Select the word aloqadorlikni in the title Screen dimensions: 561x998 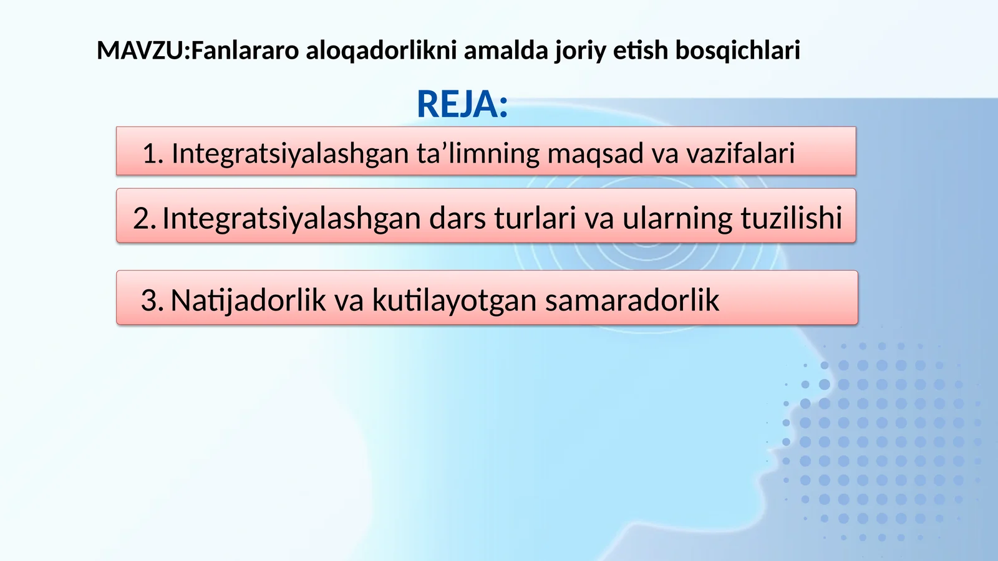[x=381, y=50]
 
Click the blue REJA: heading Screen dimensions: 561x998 [x=462, y=104]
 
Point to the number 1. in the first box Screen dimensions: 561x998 [x=153, y=153]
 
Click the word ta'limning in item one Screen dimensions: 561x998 [x=478, y=153]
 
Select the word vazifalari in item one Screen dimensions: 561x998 [x=740, y=153]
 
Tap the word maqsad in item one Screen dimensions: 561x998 [x=595, y=153]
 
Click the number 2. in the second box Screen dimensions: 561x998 [x=144, y=218]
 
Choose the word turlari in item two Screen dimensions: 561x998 [x=535, y=218]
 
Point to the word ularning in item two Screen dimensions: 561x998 [x=677, y=218]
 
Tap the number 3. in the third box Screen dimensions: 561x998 [x=152, y=300]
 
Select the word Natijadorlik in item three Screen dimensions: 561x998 [x=248, y=300]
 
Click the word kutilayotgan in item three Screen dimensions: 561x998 [x=454, y=300]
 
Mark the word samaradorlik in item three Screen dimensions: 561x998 [x=632, y=300]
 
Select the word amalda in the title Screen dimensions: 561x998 [x=505, y=50]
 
